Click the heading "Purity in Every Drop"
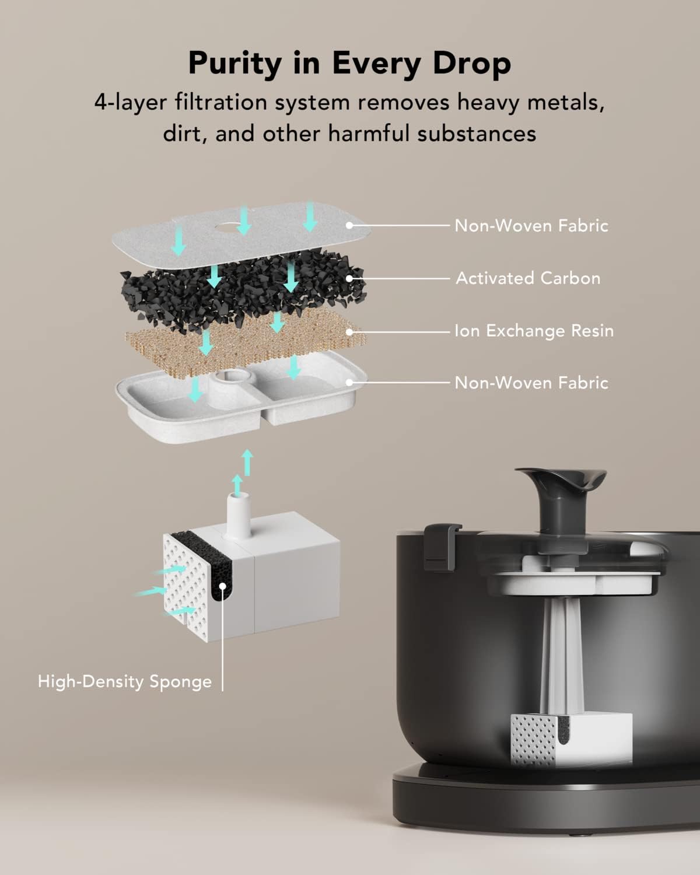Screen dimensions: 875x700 coord(349,63)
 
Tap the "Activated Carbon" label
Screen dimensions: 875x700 coord(528,278)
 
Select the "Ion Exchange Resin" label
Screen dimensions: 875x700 coord(534,331)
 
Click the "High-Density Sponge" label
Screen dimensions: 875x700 coord(125,681)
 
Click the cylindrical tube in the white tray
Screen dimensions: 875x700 coord(228,388)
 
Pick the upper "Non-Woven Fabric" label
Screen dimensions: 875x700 coord(531,226)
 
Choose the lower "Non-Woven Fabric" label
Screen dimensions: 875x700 coord(531,383)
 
